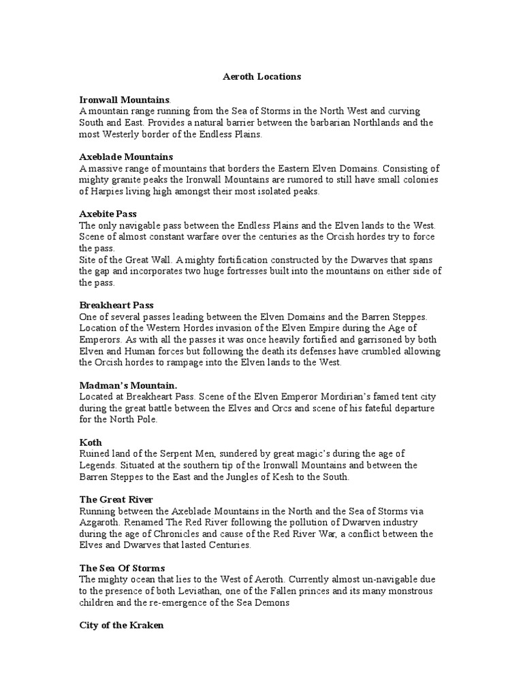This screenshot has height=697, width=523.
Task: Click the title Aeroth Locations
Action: click(261, 77)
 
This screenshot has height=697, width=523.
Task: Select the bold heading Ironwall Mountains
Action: click(123, 99)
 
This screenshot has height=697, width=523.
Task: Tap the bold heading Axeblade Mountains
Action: click(126, 157)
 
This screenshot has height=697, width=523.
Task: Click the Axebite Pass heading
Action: click(108, 214)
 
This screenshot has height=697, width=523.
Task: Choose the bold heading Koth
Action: click(91, 442)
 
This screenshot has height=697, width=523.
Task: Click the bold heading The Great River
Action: click(116, 500)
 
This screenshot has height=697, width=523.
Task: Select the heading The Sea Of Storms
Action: click(122, 568)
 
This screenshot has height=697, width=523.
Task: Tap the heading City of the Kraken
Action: click(121, 625)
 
